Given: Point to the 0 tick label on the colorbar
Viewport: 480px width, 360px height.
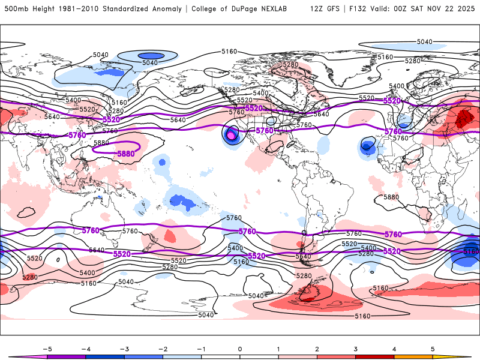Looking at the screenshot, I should (239, 348).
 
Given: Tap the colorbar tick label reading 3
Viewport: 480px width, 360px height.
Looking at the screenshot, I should (356, 348).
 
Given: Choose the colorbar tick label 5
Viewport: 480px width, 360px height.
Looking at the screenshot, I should (433, 348).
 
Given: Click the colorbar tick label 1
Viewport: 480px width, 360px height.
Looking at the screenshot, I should (278, 348).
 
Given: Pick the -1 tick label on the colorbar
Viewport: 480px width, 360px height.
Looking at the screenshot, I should (200, 348).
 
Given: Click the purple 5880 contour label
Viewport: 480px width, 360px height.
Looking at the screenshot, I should (125, 154).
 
